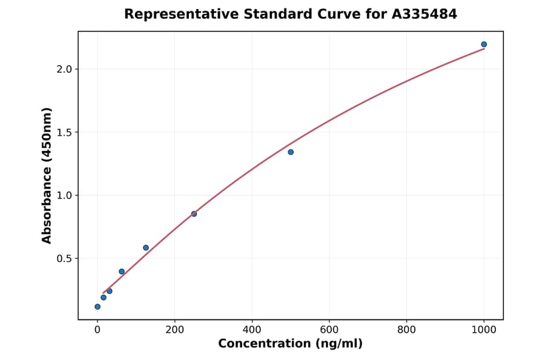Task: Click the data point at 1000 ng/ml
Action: point(484,44)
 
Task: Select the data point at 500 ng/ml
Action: point(291,152)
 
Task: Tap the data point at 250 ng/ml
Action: point(194,214)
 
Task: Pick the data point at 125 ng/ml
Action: point(146,248)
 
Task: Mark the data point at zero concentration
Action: point(97,307)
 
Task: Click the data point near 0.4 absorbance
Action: point(122,272)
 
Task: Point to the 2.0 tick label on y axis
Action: point(64,69)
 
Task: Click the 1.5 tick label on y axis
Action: point(64,132)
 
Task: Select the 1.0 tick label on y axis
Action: point(64,195)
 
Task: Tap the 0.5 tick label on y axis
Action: point(64,259)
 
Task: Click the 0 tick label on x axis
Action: point(97,330)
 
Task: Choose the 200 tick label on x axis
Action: point(175,330)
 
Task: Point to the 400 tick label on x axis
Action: point(252,330)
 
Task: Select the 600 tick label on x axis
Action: point(329,330)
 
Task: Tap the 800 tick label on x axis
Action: point(406,330)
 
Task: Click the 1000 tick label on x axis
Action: point(484,330)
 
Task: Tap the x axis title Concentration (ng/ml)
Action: point(290,344)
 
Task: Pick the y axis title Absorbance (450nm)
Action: point(47,175)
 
